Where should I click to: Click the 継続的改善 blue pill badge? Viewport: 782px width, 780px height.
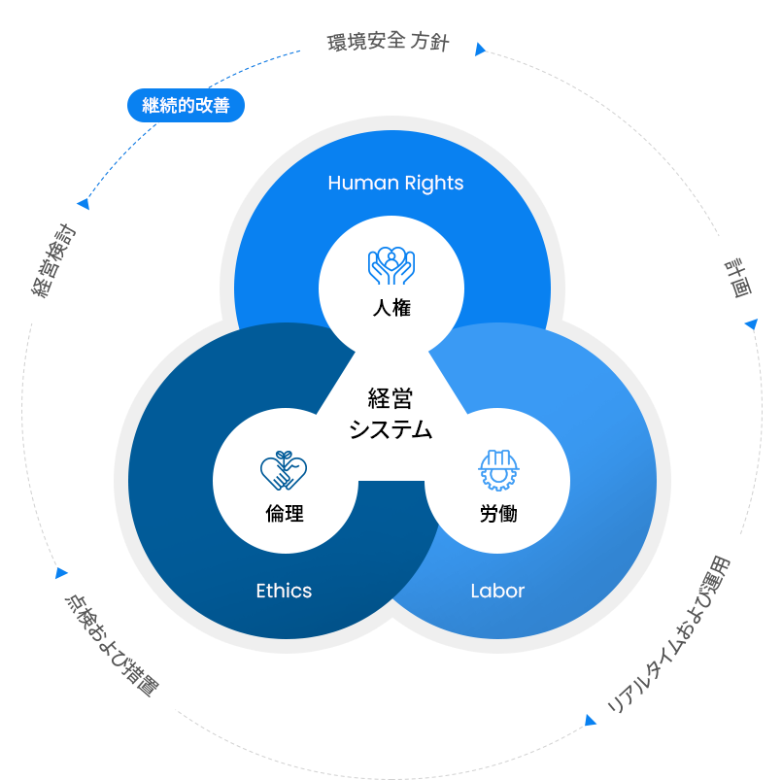pyautogui.click(x=186, y=106)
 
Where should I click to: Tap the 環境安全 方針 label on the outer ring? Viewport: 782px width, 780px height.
pyautogui.click(x=388, y=43)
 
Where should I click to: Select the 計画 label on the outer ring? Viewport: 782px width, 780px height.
pyautogui.click(x=737, y=277)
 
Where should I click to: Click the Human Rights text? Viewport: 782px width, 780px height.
pyautogui.click(x=395, y=183)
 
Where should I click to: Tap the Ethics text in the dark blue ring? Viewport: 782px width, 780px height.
pyautogui.click(x=284, y=590)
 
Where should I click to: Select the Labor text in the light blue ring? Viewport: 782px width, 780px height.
pyautogui.click(x=497, y=590)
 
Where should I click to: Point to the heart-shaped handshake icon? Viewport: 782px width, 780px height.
pyautogui.click(x=284, y=471)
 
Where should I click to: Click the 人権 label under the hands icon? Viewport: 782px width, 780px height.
pyautogui.click(x=391, y=309)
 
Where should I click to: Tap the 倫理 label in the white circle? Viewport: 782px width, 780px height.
pyautogui.click(x=284, y=514)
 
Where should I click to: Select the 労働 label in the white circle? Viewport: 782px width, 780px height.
pyautogui.click(x=498, y=514)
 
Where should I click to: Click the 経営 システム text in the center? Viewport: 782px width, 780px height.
pyautogui.click(x=391, y=414)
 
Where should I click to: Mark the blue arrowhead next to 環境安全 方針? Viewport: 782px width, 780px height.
pyautogui.click(x=479, y=49)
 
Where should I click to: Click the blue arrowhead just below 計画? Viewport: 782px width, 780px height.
pyautogui.click(x=750, y=324)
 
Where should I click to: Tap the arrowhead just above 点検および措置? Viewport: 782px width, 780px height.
pyautogui.click(x=62, y=573)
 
